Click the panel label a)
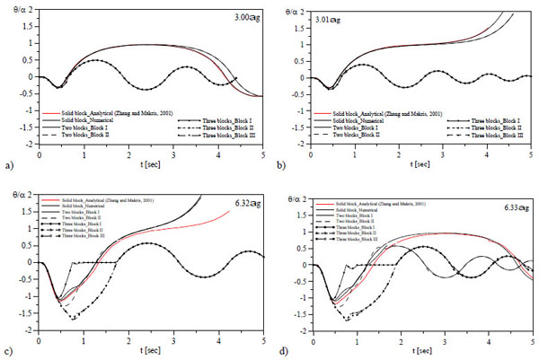(9, 166)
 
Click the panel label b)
(284, 166)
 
